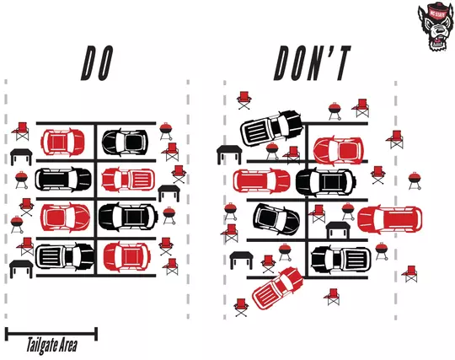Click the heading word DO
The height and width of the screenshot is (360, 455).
(97, 63)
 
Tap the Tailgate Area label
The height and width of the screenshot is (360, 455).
(50, 345)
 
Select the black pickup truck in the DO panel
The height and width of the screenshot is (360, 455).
(64, 255)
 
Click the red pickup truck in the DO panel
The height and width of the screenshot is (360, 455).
(127, 180)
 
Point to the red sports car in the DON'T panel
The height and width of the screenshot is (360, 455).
(338, 149)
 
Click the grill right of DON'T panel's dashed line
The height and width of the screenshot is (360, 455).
(415, 180)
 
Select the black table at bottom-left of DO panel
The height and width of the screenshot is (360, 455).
(20, 269)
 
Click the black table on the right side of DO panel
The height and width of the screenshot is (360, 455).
(169, 193)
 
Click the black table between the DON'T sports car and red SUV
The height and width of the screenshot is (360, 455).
(338, 229)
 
